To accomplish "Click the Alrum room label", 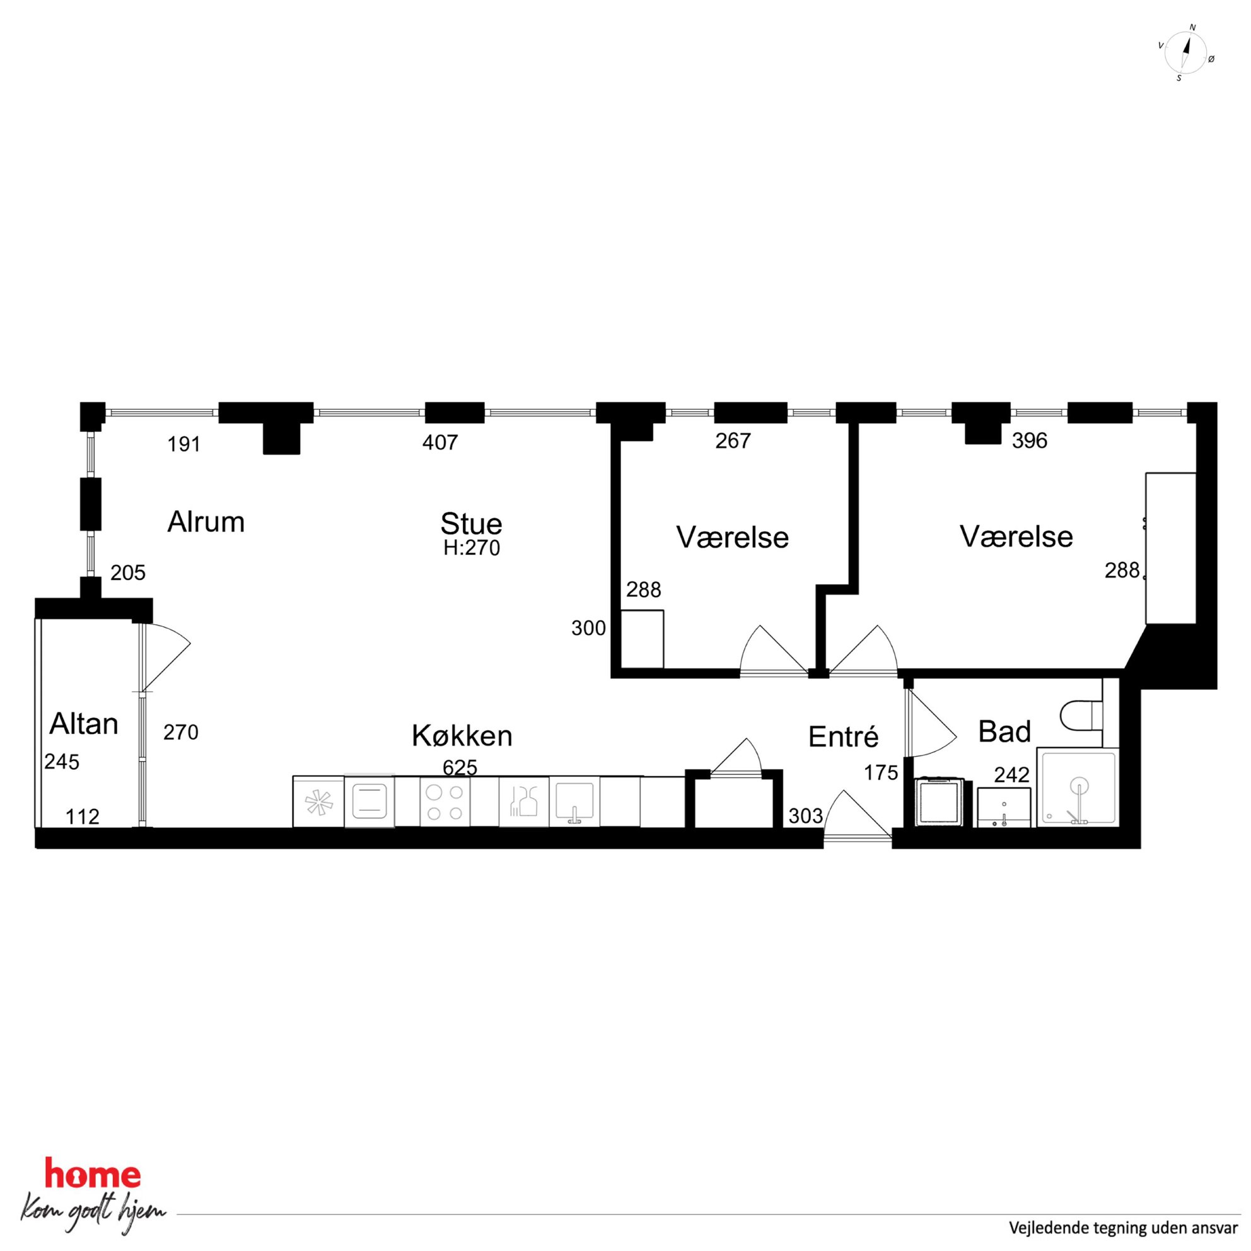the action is point(206,522).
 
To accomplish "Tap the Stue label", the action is point(472,523).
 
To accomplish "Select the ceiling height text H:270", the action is point(472,549).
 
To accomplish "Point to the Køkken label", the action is point(462,736).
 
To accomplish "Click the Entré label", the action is point(843,737).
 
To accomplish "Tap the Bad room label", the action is point(1004,731).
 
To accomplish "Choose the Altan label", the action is point(83,724).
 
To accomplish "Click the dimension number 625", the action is point(460,767).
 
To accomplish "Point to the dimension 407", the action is point(439,442).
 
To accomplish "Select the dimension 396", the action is point(1030,440).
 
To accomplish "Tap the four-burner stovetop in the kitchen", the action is point(445,802).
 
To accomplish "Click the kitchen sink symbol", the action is point(574,802).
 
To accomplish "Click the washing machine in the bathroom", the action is point(940,801).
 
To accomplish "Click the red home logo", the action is point(93,1173).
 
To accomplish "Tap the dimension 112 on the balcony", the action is point(83,817).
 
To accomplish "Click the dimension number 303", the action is point(805,816).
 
